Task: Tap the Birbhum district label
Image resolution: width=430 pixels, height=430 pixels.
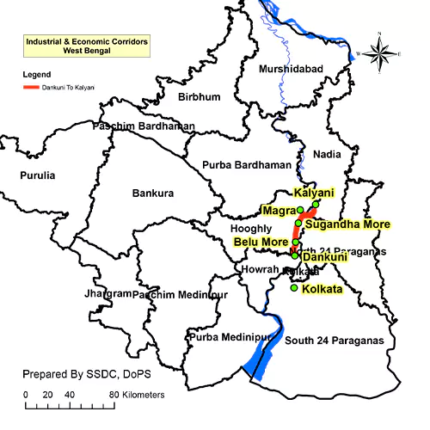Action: (x=199, y=97)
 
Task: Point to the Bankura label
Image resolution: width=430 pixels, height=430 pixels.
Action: (x=154, y=193)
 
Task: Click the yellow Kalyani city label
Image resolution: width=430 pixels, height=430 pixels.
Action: (x=313, y=193)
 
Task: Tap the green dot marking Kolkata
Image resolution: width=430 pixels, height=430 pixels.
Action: (x=294, y=288)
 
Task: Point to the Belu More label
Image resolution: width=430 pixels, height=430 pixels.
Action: (x=261, y=242)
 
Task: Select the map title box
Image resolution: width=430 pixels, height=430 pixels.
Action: (x=86, y=46)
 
